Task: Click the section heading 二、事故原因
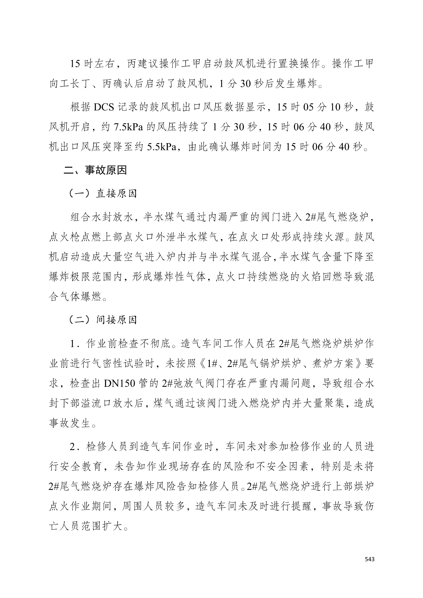95,170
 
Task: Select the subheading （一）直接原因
103,193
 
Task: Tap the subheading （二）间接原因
103,320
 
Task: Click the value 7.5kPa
128,127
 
